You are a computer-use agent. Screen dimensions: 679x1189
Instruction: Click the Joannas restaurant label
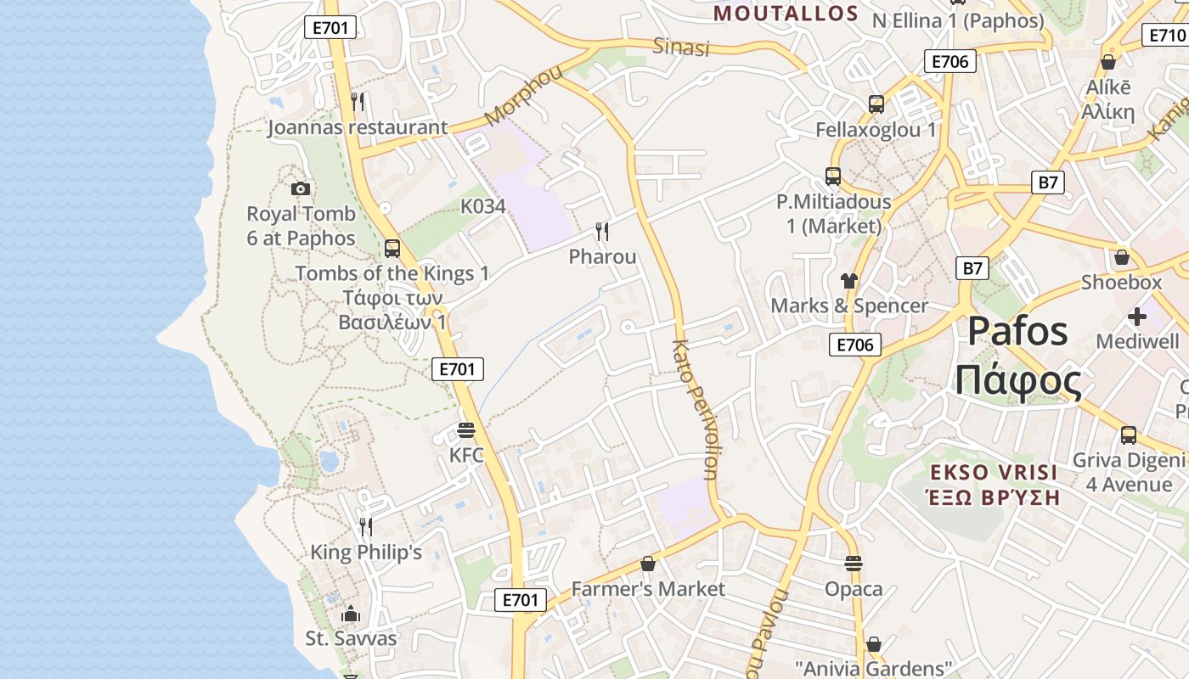[x=357, y=128]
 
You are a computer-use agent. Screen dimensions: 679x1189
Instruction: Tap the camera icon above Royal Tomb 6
[x=300, y=188]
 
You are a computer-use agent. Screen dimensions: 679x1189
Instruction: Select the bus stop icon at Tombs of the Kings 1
[x=392, y=248]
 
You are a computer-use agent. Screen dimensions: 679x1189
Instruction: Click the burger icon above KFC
[x=465, y=429]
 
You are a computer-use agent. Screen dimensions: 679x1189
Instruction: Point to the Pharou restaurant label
[x=602, y=256]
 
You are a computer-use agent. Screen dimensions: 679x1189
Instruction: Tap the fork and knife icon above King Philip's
[x=366, y=526]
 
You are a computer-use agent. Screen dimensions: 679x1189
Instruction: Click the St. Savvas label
[x=351, y=638]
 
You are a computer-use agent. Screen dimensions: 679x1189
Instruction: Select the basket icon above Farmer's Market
[x=648, y=564]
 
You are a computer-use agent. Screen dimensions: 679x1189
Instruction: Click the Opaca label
[x=854, y=588]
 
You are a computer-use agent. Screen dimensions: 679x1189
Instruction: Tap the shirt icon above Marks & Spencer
[x=848, y=280]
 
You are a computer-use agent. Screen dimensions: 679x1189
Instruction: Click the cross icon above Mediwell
[x=1137, y=317]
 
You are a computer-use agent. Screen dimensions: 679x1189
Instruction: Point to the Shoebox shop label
[x=1121, y=282]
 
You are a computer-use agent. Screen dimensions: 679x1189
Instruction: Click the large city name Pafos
[x=1017, y=331]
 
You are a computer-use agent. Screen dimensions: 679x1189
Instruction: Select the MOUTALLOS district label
[x=786, y=14]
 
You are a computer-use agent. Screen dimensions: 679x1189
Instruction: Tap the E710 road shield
[x=1165, y=35]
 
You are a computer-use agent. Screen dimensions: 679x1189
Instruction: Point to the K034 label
[x=482, y=206]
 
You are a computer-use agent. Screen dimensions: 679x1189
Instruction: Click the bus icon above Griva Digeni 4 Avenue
[x=1128, y=435]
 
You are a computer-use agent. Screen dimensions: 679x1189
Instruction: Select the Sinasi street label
[x=680, y=47]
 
